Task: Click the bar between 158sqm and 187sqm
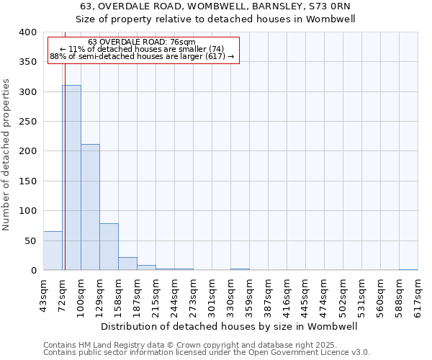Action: point(127,264)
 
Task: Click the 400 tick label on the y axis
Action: point(27,32)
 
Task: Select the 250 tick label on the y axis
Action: point(27,122)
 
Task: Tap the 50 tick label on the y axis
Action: point(30,240)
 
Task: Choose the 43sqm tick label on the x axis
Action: point(44,295)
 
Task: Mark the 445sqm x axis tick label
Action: point(306,295)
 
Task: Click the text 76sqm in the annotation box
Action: point(182,42)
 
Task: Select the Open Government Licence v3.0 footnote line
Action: point(207,352)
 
